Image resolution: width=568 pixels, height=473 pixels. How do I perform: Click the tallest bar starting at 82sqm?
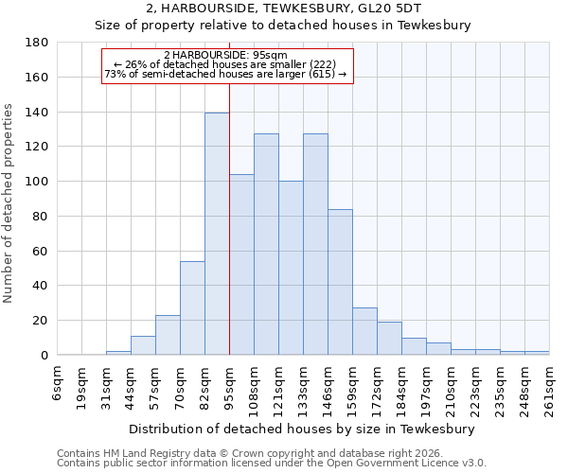(x=217, y=234)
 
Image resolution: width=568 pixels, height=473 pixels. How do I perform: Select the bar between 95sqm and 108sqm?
(x=241, y=265)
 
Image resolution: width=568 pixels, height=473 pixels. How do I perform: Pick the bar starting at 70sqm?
(x=192, y=307)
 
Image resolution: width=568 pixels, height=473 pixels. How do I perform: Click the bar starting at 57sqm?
(x=168, y=335)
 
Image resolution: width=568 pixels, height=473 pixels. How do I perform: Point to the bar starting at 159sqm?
(x=364, y=331)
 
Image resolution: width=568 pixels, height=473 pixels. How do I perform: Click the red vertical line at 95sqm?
(x=229, y=218)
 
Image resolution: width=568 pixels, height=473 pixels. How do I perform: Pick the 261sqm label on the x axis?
(x=549, y=388)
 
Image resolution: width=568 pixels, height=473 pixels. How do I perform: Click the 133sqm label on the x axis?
(x=303, y=388)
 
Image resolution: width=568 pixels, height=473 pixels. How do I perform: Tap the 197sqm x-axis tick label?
(x=426, y=388)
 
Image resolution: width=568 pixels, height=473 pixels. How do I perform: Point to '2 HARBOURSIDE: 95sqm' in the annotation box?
(x=225, y=55)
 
